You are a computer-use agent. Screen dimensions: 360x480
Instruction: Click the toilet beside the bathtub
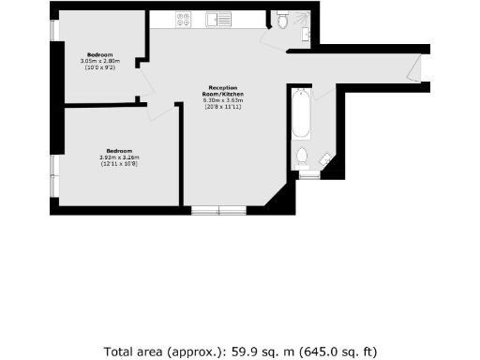coord(302,156)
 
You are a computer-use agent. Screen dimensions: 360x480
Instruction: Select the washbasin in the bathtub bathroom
coord(323,159)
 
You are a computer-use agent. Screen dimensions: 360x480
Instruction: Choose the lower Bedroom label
coord(118,151)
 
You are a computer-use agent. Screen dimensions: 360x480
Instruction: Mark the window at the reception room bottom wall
coord(218,209)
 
